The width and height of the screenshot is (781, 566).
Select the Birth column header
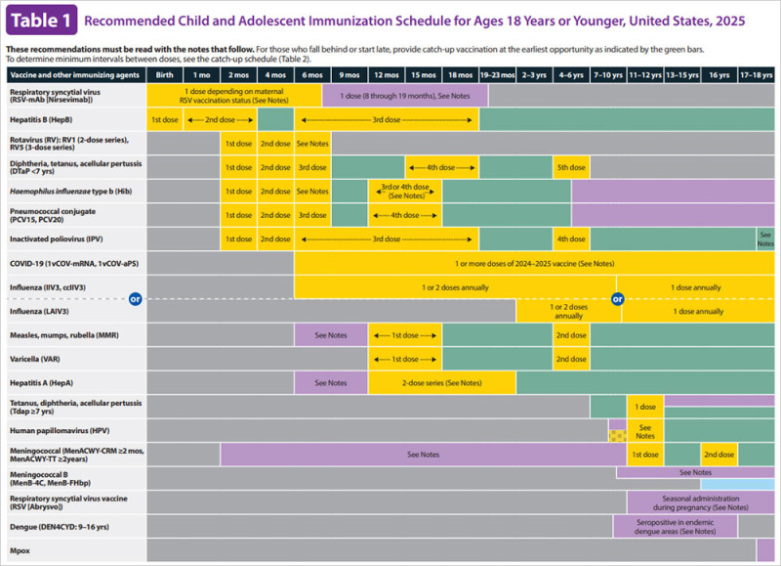(x=165, y=73)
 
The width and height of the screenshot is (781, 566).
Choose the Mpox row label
(x=21, y=549)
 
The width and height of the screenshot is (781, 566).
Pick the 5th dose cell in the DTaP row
(x=571, y=167)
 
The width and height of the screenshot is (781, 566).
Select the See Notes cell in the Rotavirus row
(x=312, y=144)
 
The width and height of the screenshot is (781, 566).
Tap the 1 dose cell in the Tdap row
(x=644, y=406)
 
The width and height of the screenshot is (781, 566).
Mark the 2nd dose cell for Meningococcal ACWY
(x=719, y=455)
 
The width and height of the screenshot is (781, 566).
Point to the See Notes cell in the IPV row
(x=765, y=239)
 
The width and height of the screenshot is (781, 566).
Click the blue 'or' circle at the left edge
(x=136, y=299)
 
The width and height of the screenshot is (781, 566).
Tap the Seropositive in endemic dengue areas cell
(x=674, y=526)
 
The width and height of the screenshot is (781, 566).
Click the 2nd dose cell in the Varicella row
(x=571, y=359)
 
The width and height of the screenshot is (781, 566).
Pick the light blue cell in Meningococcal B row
(x=738, y=484)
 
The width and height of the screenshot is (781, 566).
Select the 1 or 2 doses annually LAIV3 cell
(x=568, y=311)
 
